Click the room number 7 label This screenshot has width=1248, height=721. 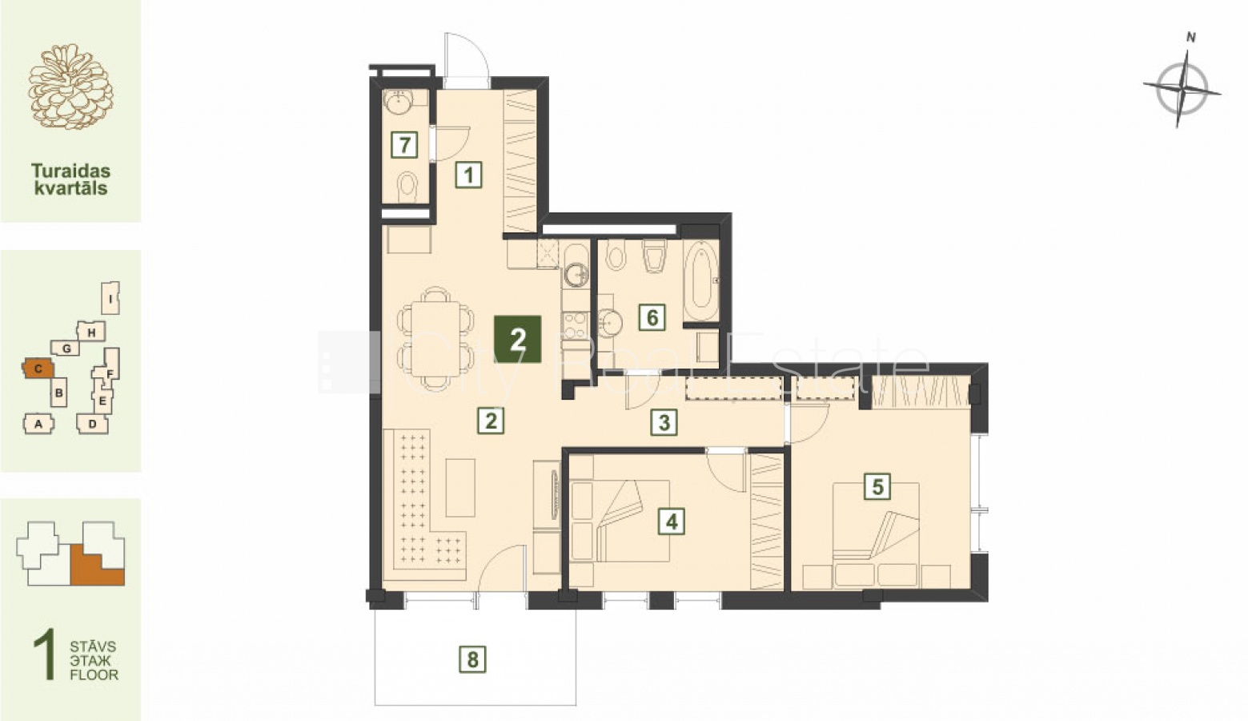[404, 145]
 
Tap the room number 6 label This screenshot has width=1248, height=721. [652, 317]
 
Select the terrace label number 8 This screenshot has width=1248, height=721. [472, 659]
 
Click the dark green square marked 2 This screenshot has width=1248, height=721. [518, 339]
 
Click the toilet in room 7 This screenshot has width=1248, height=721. [408, 187]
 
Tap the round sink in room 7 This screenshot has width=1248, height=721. [399, 102]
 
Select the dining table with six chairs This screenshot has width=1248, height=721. [435, 338]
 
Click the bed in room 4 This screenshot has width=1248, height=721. [619, 521]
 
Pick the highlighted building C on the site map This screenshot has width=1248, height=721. [38, 369]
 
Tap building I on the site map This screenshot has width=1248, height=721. [111, 298]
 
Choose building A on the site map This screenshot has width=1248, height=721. [38, 424]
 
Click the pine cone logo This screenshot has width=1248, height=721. [70, 87]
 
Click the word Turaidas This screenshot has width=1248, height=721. [70, 170]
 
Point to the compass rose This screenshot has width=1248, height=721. [1182, 89]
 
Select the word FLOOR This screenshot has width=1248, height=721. [94, 675]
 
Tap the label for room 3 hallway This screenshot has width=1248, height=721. [664, 422]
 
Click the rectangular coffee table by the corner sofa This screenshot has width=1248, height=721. [460, 487]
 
